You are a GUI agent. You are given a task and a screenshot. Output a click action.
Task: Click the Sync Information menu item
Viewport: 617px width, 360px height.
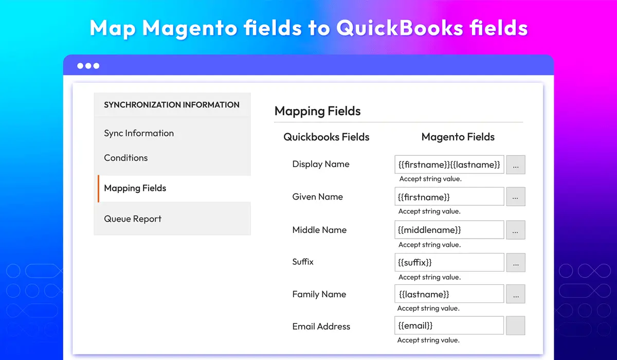(x=139, y=133)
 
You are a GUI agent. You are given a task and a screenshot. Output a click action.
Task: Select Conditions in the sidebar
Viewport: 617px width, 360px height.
(x=126, y=158)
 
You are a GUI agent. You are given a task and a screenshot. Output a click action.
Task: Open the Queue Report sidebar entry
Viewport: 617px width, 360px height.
(x=133, y=219)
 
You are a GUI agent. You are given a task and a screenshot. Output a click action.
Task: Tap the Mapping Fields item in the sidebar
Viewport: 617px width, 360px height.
(x=135, y=188)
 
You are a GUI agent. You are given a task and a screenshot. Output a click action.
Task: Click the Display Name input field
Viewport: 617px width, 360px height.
(x=449, y=165)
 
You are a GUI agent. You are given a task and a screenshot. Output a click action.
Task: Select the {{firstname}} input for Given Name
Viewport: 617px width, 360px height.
(x=449, y=196)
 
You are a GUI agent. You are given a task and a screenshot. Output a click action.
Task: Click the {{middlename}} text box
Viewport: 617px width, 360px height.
(x=449, y=230)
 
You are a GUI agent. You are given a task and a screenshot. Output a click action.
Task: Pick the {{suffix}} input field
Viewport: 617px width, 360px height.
(x=449, y=262)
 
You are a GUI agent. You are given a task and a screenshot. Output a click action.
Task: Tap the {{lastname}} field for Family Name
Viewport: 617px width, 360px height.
(x=449, y=294)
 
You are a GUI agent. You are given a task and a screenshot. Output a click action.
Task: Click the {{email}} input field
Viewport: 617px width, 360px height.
(x=449, y=326)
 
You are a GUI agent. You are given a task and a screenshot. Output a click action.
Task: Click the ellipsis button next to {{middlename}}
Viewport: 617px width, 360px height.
(x=516, y=230)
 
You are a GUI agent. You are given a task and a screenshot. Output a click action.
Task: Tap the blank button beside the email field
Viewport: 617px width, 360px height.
(x=516, y=326)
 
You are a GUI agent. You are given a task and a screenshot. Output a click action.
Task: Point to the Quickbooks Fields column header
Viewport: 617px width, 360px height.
(x=326, y=137)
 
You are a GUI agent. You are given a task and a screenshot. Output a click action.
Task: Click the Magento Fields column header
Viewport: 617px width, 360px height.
(x=458, y=137)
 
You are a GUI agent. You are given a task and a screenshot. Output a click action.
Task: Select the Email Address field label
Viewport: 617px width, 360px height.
(x=321, y=327)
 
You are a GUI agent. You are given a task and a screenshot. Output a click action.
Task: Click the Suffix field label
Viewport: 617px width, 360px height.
(x=303, y=261)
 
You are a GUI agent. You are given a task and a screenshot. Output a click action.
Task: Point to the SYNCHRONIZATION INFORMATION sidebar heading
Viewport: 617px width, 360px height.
(x=172, y=105)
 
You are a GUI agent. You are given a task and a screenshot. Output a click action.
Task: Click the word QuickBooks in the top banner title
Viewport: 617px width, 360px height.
(x=400, y=28)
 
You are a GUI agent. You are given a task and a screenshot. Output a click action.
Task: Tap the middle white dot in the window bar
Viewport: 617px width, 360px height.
(x=88, y=66)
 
